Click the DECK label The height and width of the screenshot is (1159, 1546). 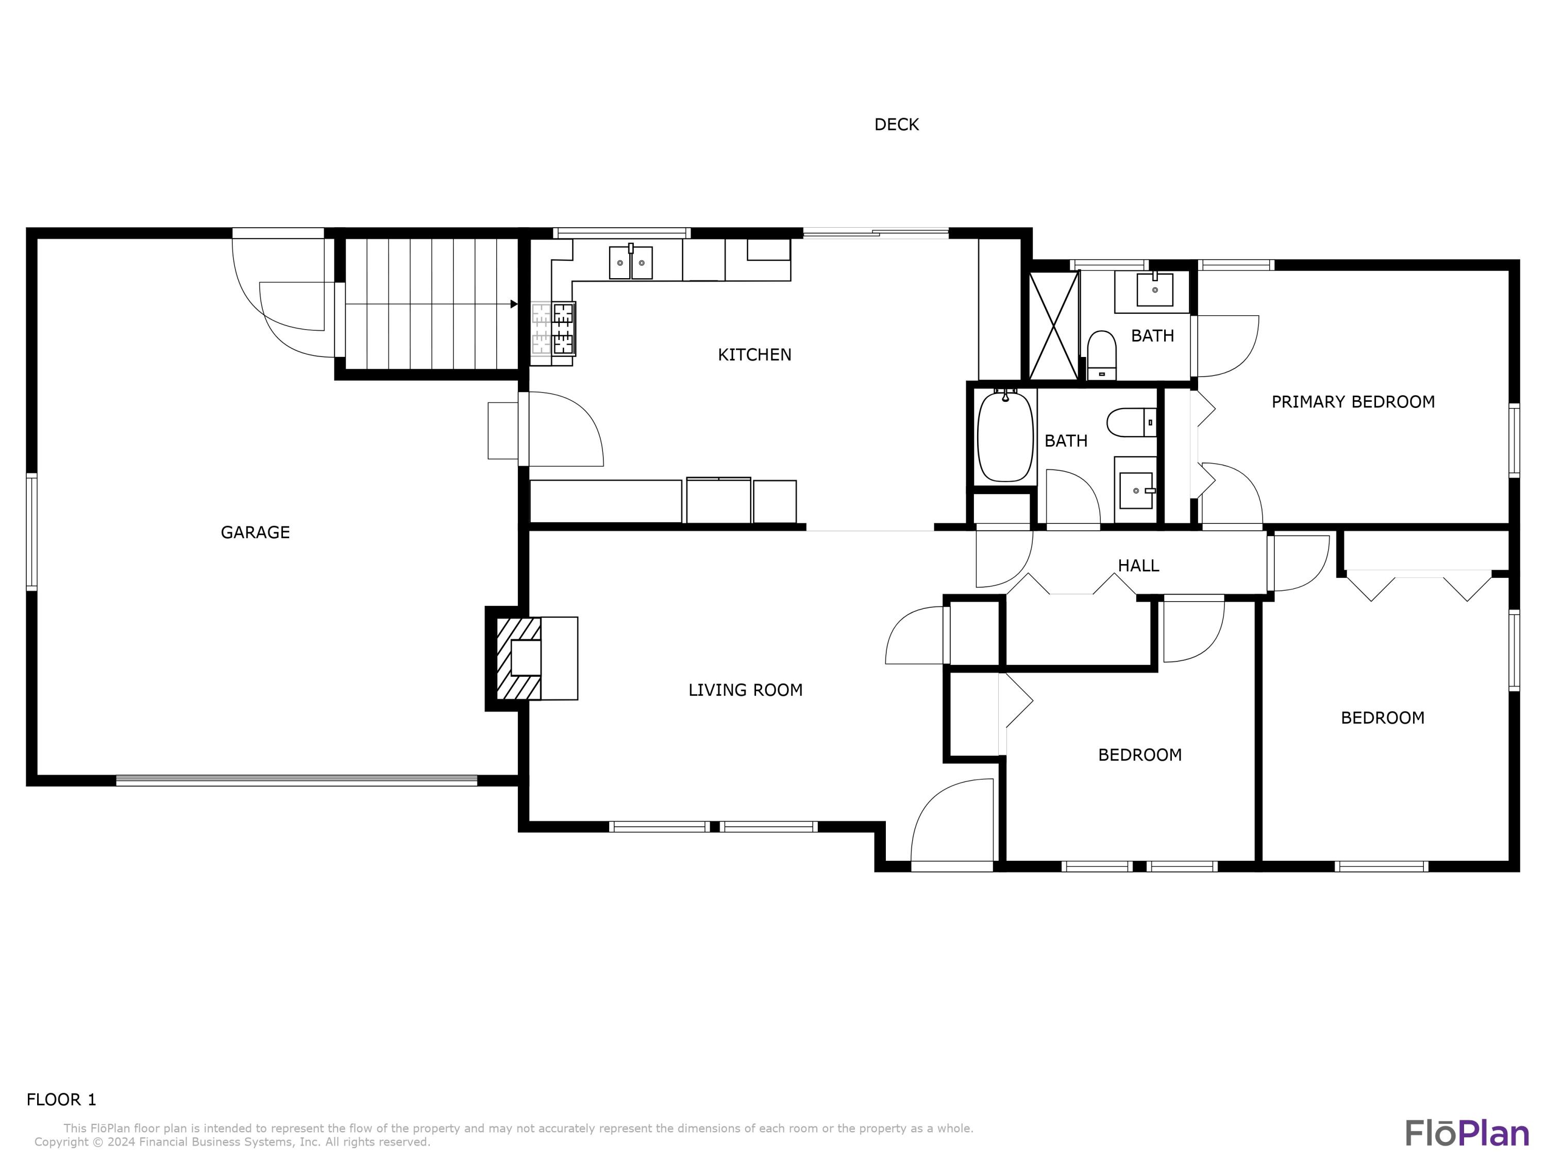tap(896, 124)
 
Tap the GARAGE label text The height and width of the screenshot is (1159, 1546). tap(255, 532)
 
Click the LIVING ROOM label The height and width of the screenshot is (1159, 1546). tap(745, 690)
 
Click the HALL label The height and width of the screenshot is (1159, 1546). tap(1138, 566)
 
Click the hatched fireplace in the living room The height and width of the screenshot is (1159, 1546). tap(518, 658)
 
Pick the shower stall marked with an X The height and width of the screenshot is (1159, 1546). tap(1054, 326)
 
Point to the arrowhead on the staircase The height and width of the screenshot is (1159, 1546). tap(514, 304)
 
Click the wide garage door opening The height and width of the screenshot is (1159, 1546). tap(296, 780)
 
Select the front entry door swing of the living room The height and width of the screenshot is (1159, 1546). tap(952, 824)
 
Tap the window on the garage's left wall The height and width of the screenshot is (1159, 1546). tap(31, 532)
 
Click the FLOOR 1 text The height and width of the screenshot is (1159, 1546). tap(61, 1100)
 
